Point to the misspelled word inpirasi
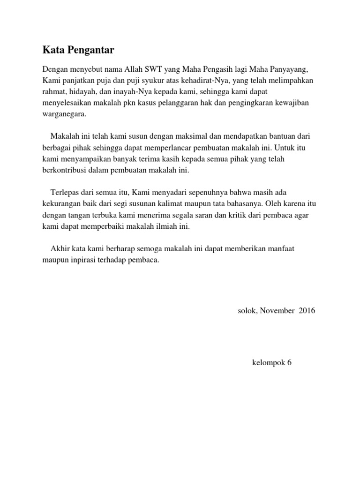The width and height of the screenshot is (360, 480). click(x=78, y=260)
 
